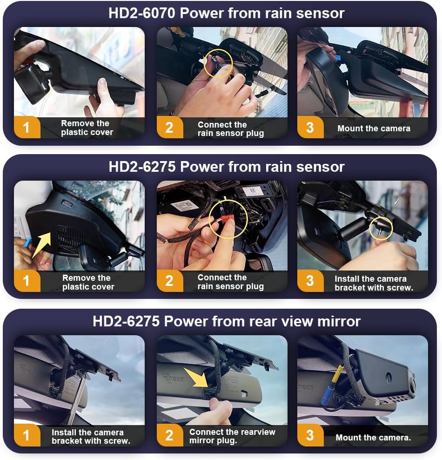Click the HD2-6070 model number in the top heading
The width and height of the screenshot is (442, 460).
(x=141, y=13)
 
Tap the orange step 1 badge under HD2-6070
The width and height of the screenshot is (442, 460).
(x=27, y=127)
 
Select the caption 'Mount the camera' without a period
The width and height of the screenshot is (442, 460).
(x=374, y=129)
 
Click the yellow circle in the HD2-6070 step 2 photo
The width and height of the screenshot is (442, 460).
(x=218, y=63)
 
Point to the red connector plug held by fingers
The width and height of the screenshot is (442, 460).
(x=228, y=218)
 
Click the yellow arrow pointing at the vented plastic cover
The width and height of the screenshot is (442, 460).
(x=41, y=244)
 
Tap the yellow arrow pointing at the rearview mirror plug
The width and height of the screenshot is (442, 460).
(x=196, y=378)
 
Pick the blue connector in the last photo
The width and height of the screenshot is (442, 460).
(x=326, y=394)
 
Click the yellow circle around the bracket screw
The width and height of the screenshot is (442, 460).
(x=381, y=229)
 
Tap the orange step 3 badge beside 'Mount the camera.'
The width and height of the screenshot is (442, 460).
(x=310, y=435)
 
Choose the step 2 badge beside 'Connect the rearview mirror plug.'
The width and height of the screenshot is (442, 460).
(x=170, y=435)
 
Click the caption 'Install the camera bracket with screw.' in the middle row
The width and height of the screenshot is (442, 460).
(x=374, y=283)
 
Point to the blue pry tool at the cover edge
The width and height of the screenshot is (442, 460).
(x=28, y=242)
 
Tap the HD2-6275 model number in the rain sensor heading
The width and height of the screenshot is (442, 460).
(x=142, y=167)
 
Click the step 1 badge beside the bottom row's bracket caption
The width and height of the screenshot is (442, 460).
(x=27, y=435)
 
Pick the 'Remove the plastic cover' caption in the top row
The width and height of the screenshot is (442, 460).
(x=87, y=128)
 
